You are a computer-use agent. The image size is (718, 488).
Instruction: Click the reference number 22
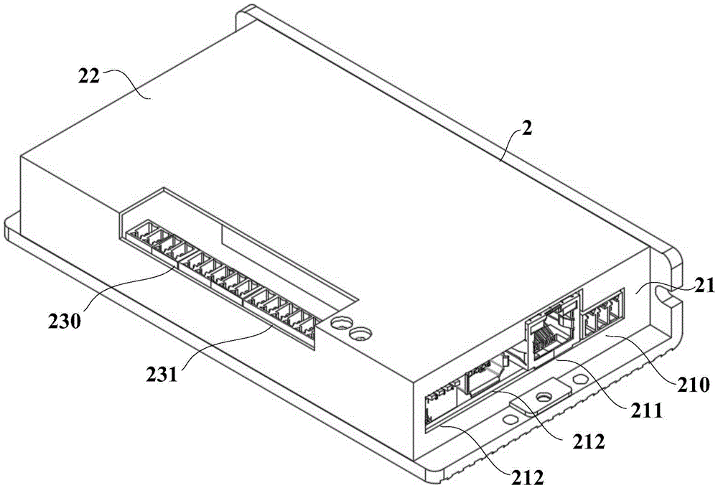(89, 77)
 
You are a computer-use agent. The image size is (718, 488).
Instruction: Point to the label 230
(65, 322)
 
